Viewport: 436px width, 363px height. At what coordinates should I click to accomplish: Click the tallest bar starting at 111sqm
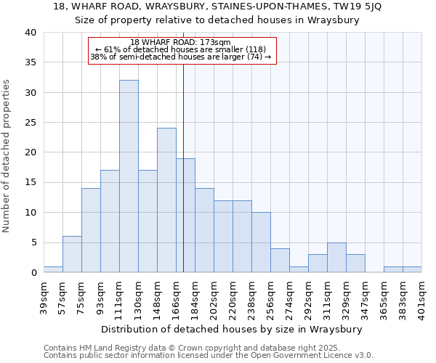pos(129,176)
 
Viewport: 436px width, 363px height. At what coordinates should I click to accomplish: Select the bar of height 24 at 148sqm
pos(166,200)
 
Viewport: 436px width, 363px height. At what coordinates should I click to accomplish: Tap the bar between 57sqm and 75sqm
pos(72,254)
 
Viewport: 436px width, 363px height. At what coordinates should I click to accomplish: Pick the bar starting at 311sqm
pos(336,258)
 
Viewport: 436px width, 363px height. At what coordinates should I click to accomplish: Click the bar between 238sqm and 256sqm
pos(261,242)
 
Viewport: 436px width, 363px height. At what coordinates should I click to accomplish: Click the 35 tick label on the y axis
pos(31,62)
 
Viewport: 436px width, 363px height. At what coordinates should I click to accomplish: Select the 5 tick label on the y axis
pos(33,242)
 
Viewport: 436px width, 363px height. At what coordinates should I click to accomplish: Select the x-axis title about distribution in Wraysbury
pos(231,329)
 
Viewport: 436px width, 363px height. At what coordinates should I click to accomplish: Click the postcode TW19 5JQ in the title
pos(361,7)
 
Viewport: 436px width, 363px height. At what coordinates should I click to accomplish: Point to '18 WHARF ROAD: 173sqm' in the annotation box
pos(181,42)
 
